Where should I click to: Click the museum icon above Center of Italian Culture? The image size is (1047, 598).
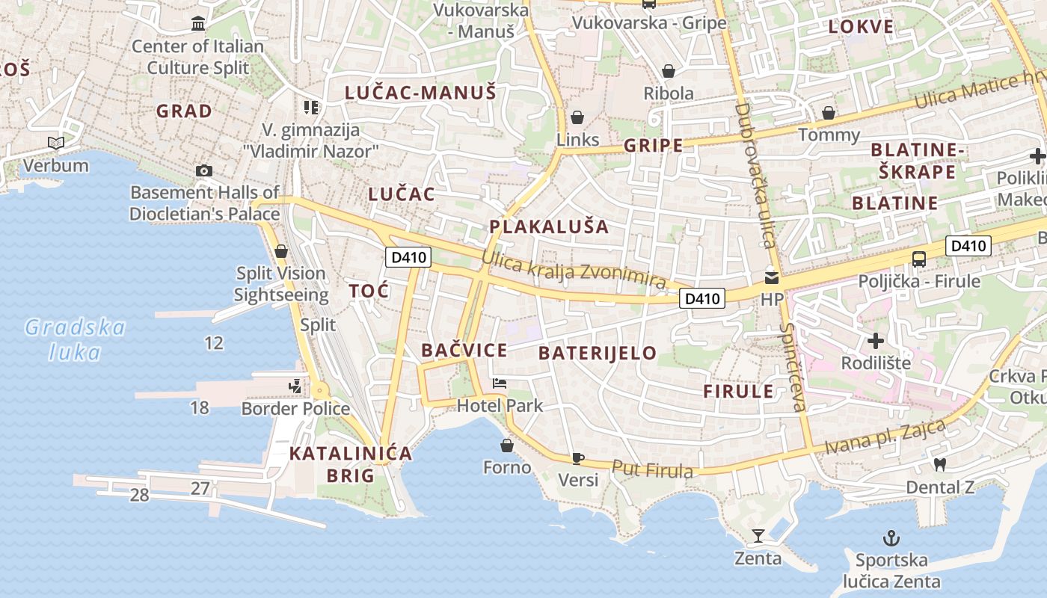[x=198, y=24]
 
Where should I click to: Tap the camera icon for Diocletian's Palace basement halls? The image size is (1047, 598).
[x=203, y=171]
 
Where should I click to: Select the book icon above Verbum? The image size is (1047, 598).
[x=55, y=142]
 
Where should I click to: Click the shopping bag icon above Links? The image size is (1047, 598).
[x=577, y=117]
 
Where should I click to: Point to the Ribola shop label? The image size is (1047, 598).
[x=669, y=93]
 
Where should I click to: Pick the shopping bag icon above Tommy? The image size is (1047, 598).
[x=829, y=113]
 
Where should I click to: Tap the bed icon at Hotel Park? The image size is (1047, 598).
[x=500, y=384]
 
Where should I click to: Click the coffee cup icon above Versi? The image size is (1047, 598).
[x=577, y=457]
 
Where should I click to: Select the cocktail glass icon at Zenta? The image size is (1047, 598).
[x=758, y=535]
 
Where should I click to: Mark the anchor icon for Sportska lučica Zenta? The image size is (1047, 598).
[x=891, y=537]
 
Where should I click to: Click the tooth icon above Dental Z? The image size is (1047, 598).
[x=940, y=464]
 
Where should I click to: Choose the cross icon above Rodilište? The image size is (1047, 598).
[x=876, y=342]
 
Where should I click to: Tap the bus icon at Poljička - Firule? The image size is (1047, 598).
[x=919, y=259]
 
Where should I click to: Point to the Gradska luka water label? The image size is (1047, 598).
[x=75, y=339]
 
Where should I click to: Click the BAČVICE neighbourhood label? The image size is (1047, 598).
[x=464, y=350]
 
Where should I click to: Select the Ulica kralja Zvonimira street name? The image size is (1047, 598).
[x=574, y=271]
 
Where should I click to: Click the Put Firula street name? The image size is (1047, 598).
[x=652, y=469]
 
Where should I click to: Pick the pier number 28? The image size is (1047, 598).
[x=139, y=495]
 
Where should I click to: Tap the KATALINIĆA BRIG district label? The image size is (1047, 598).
[x=350, y=464]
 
